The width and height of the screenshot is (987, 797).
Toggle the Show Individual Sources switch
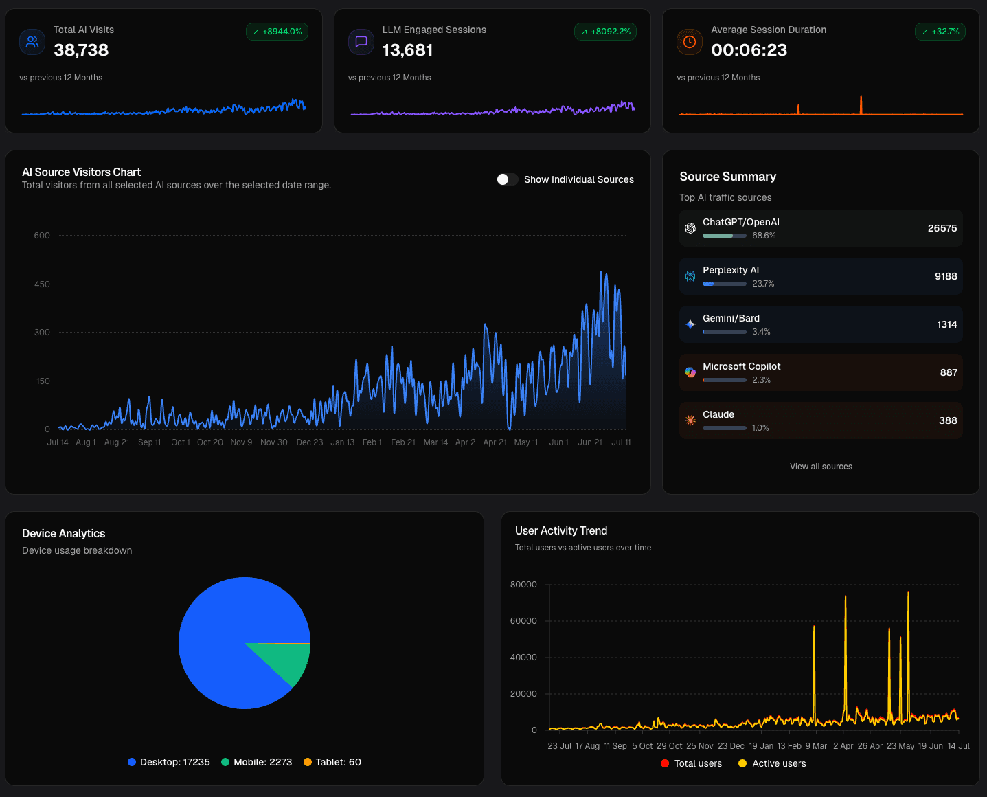tap(508, 179)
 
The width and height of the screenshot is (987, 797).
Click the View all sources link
tap(821, 467)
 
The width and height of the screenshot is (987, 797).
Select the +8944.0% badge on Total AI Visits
tap(277, 32)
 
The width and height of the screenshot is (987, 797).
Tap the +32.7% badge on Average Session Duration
tap(940, 32)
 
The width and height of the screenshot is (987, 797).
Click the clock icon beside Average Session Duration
tap(690, 42)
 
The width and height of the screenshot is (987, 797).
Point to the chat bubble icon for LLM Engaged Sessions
tap(361, 42)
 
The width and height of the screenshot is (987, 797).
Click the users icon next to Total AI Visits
tap(32, 42)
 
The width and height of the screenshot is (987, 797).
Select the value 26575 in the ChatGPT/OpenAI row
tap(942, 228)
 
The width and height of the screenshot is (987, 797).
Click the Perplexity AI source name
tap(730, 270)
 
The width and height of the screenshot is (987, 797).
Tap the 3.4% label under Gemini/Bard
tap(761, 332)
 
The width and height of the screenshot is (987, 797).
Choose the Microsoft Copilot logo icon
tap(690, 372)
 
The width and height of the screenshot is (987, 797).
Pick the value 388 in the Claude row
tap(948, 420)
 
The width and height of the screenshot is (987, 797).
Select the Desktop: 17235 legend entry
tap(169, 762)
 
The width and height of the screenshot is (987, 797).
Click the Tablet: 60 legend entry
tap(332, 762)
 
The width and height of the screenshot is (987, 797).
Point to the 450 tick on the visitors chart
tap(42, 284)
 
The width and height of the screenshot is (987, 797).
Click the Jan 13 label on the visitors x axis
tap(342, 442)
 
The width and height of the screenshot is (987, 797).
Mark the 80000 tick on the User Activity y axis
tap(523, 585)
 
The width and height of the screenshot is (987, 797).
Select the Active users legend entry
tap(772, 763)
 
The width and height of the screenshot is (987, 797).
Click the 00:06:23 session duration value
tap(749, 50)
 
